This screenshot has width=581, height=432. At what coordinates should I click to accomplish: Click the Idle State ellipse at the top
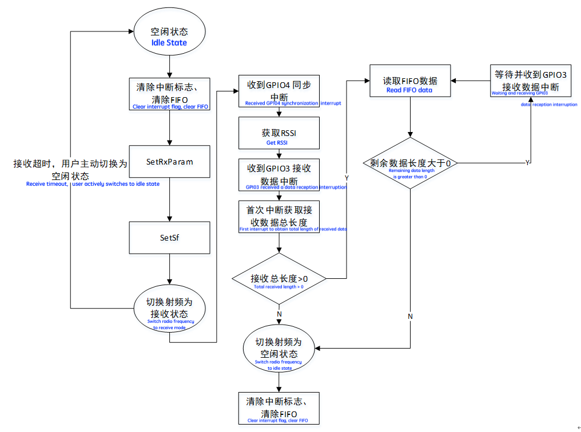coord(169,37)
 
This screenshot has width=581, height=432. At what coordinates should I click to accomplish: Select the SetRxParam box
coord(169,162)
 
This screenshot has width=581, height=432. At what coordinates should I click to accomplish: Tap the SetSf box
coord(169,238)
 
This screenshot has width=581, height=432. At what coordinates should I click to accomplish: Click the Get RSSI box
coord(278,136)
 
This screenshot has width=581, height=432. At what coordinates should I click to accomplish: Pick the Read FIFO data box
coord(409,84)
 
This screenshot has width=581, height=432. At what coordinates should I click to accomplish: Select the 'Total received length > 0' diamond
coord(278,279)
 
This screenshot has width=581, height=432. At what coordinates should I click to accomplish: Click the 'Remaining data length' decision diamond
coord(409,164)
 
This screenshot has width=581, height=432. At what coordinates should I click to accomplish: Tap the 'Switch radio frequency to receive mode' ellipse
coord(169,311)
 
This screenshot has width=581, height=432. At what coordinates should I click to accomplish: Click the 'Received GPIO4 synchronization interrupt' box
coord(278,91)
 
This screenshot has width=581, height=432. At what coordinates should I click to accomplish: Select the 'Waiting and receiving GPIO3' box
coord(530,81)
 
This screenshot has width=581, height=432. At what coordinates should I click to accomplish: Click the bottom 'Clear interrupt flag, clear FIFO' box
coord(278,407)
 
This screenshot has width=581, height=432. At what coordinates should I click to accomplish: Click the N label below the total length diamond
coord(279,314)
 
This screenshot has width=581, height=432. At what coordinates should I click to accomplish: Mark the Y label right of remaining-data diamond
coord(527,163)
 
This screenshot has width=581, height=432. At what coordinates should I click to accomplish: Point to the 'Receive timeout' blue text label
coord(93,184)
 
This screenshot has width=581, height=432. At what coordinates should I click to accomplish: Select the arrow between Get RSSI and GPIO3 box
coord(278,154)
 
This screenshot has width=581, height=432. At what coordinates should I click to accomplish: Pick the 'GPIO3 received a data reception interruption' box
coord(278,175)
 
